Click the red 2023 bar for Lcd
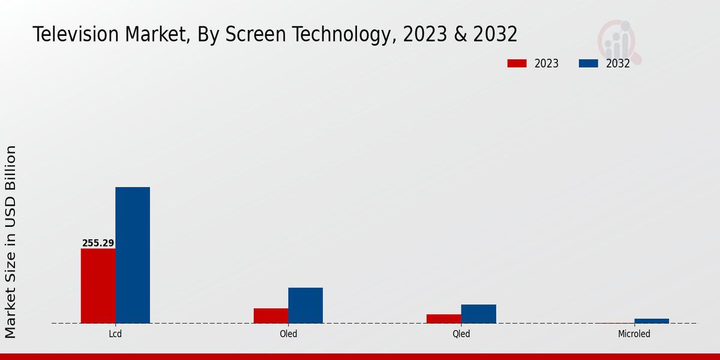pos(98,286)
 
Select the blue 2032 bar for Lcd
pos(133,255)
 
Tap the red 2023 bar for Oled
pos(271,316)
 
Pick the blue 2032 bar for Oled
pos(305,305)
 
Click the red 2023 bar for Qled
pos(444,319)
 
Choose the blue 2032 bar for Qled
pos(478,314)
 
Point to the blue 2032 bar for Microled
pos(652,321)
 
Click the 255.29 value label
pos(98,243)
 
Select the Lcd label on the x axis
pos(115,334)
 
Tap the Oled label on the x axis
pos(288,334)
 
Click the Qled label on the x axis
pos(461,334)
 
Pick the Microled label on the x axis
pos(634,334)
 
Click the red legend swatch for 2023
pos(517,64)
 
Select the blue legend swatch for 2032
pos(589,64)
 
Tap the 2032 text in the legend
pos(617,64)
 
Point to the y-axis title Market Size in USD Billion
pos(11,241)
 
